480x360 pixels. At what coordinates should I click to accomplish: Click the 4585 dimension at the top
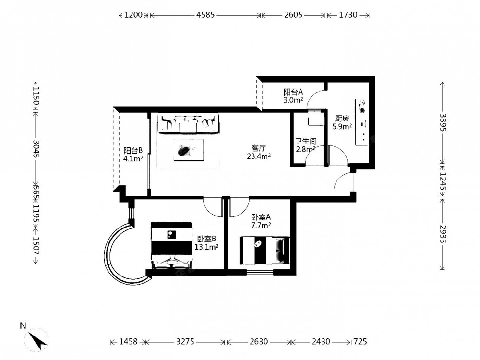pos(205,15)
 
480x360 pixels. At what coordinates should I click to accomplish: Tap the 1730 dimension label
pos(348,15)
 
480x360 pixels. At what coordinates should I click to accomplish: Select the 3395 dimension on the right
pos(443,122)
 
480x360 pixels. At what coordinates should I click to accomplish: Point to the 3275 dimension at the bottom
pos(185,341)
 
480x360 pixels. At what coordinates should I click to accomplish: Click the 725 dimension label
pos(360,341)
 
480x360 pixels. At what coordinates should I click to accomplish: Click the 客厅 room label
pos(259,148)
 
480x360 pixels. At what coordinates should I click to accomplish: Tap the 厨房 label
pos(342,118)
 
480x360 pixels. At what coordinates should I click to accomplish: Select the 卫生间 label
pos(305,141)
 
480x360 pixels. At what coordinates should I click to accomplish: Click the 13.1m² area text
pos(206,247)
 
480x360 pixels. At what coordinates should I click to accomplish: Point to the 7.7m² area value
pos(261,226)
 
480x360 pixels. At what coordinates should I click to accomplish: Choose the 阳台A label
pos(293,92)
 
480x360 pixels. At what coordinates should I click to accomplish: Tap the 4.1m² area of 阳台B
pos(133,158)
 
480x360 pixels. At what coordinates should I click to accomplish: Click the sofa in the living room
pos(188,123)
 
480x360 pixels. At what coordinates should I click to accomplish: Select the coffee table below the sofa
pos(189,150)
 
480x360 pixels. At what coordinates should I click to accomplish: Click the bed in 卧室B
pos(172,245)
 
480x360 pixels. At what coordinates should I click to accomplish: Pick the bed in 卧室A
pos(264,250)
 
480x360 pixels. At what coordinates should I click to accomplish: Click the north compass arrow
pos(38,340)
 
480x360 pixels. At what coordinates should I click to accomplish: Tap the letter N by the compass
pos(23,326)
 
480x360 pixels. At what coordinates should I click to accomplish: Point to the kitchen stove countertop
pos(361,121)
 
